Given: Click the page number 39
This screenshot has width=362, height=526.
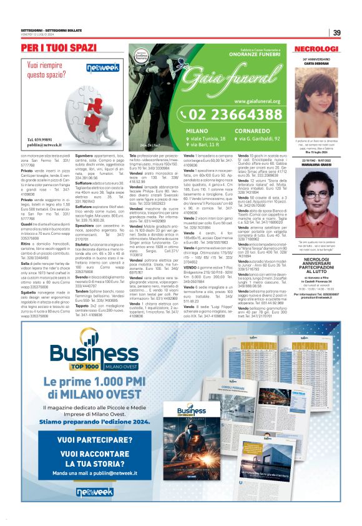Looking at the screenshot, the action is point(336,33).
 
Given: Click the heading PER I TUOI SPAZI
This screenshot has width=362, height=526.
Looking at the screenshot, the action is point(59,48).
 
